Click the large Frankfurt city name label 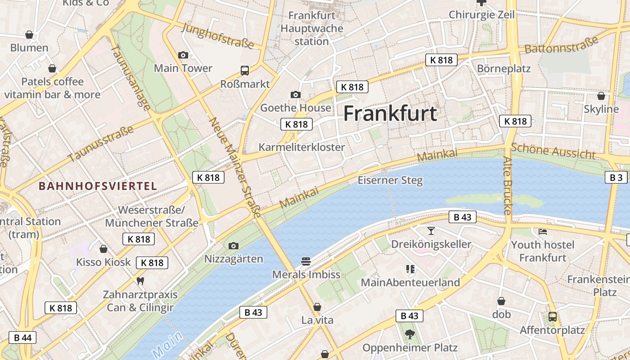[x=390, y=114]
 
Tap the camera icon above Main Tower [x=183, y=55]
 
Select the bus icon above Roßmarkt [x=245, y=71]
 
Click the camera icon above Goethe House [x=296, y=94]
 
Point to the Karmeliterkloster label [x=301, y=147]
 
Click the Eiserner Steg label [x=390, y=180]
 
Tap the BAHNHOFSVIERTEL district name [x=98, y=186]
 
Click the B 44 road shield [x=22, y=337]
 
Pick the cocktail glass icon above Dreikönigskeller [x=431, y=231]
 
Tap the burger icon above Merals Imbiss [x=306, y=261]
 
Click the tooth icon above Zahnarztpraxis [x=140, y=281]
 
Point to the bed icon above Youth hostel [x=543, y=232]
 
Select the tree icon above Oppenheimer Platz [x=409, y=334]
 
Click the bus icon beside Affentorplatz [x=553, y=317]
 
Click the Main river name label [x=167, y=344]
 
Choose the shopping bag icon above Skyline [x=601, y=96]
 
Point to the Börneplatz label [x=504, y=69]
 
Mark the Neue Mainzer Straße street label [x=234, y=167]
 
